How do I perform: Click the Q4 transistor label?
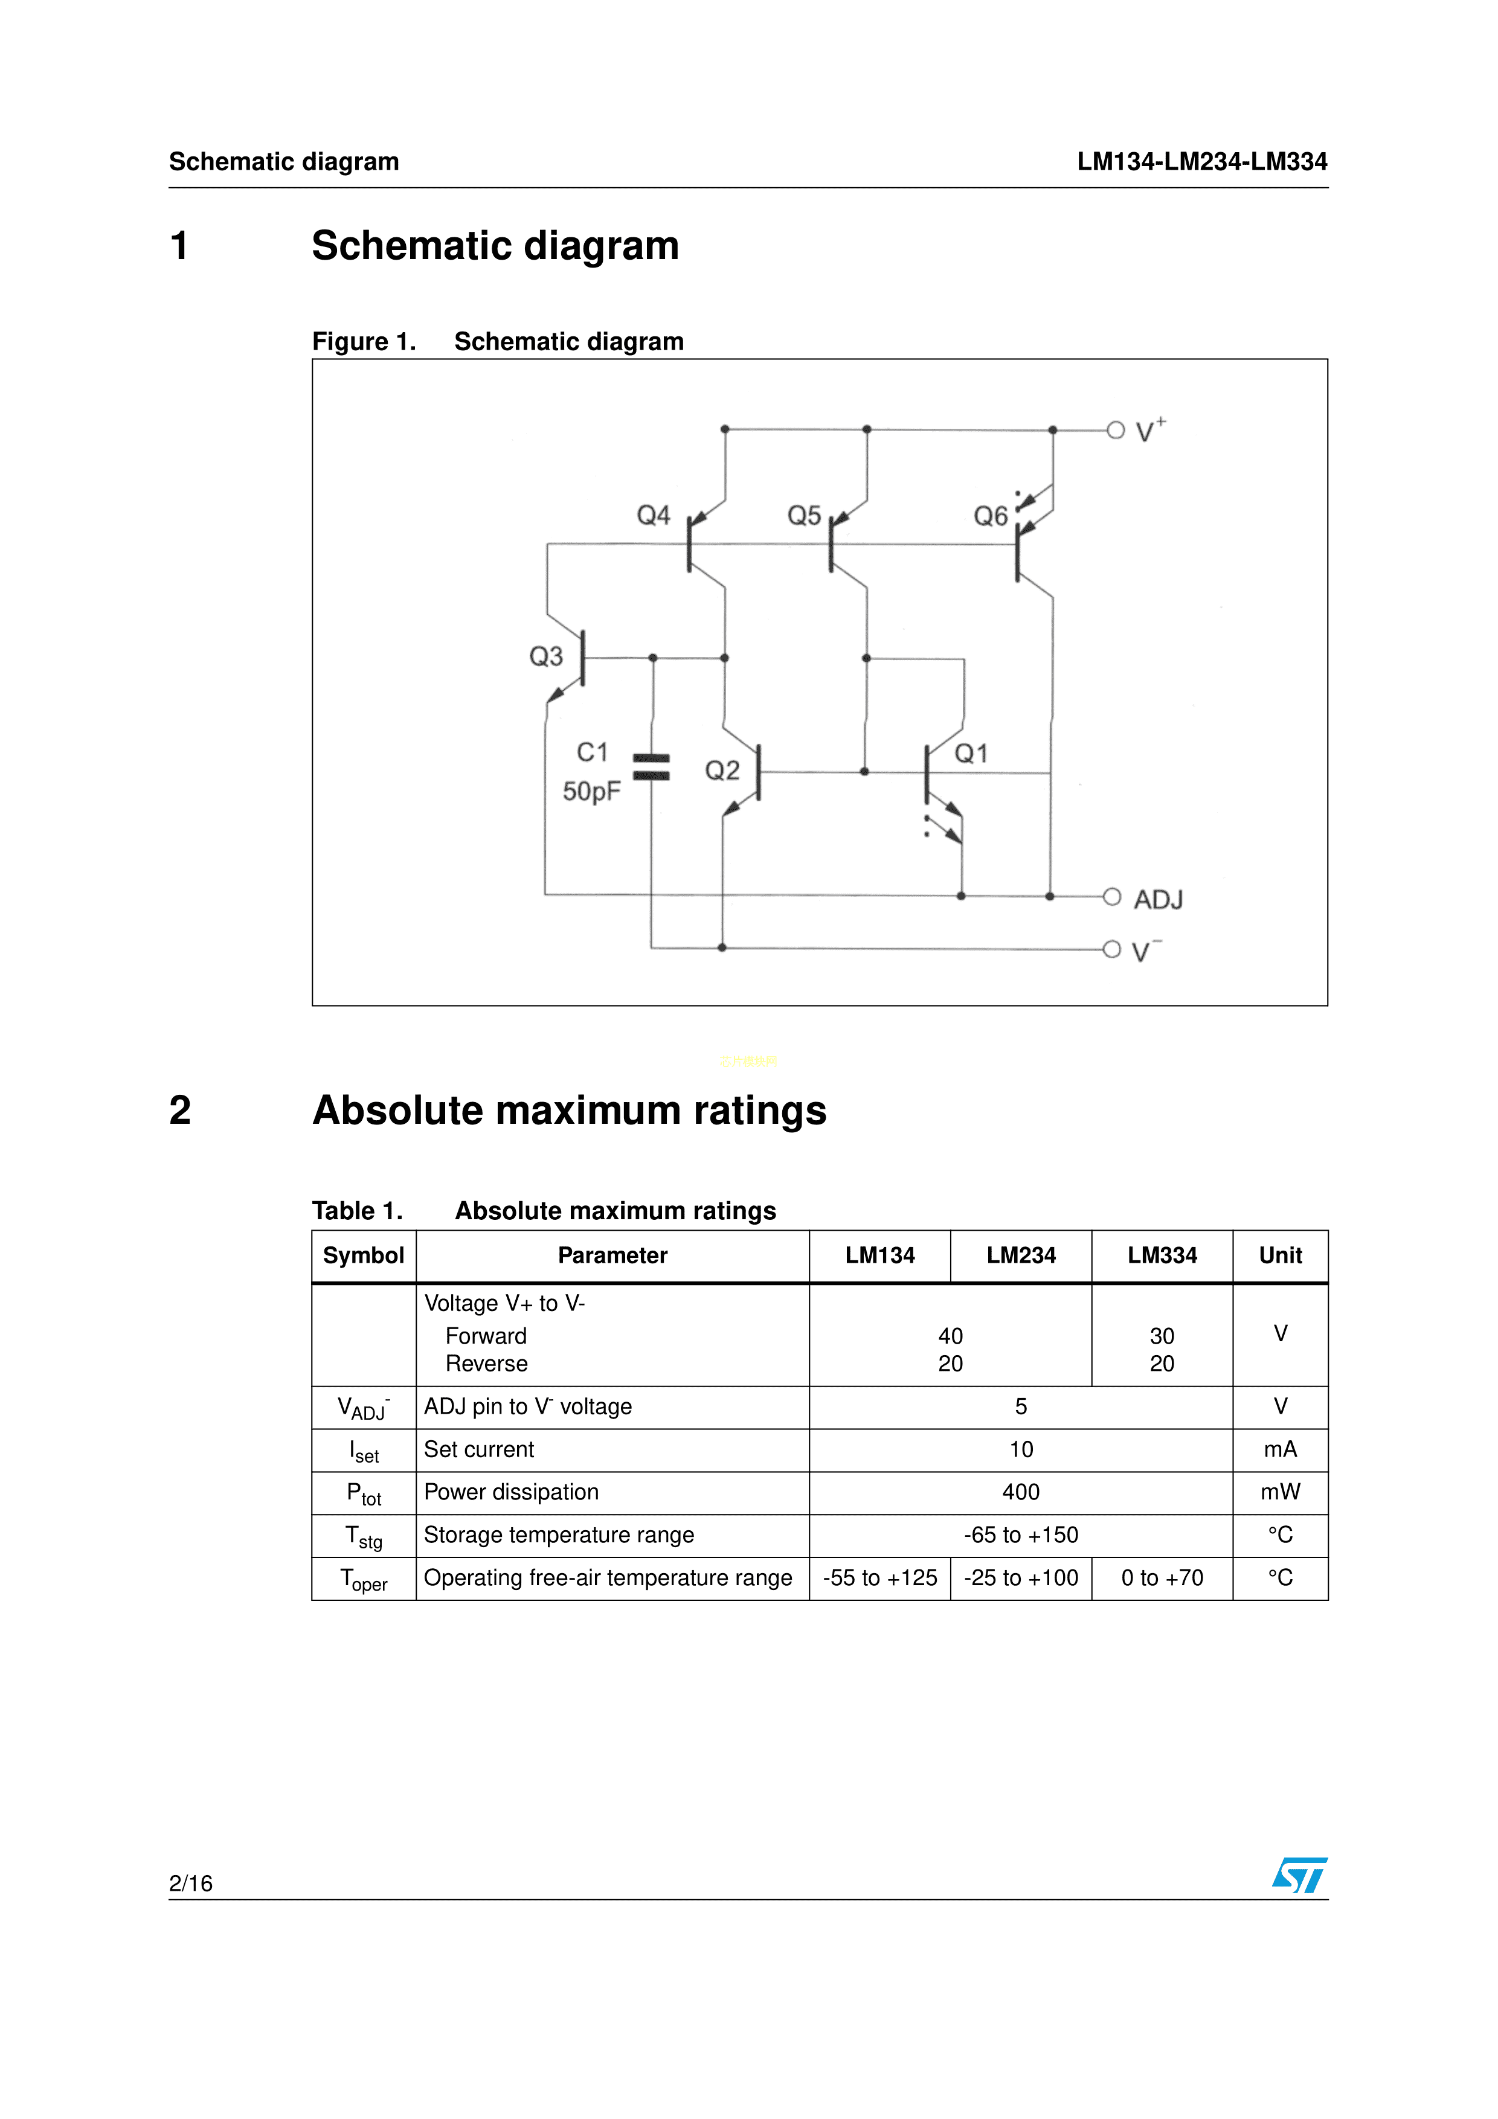[x=654, y=515]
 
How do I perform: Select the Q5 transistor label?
[x=804, y=515]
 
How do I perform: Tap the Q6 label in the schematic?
[x=991, y=516]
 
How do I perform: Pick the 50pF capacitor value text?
[x=591, y=791]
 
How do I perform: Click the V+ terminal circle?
[x=1116, y=430]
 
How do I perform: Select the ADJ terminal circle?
[x=1112, y=896]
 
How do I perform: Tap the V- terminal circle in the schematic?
[x=1112, y=949]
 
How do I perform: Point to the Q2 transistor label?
[x=722, y=771]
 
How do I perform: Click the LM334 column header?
[x=1162, y=1255]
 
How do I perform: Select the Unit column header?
[x=1280, y=1255]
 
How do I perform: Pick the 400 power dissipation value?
[x=1021, y=1492]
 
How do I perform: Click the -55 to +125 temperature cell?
[x=879, y=1578]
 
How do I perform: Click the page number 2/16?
[x=191, y=1883]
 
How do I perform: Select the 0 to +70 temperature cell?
[x=1162, y=1578]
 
